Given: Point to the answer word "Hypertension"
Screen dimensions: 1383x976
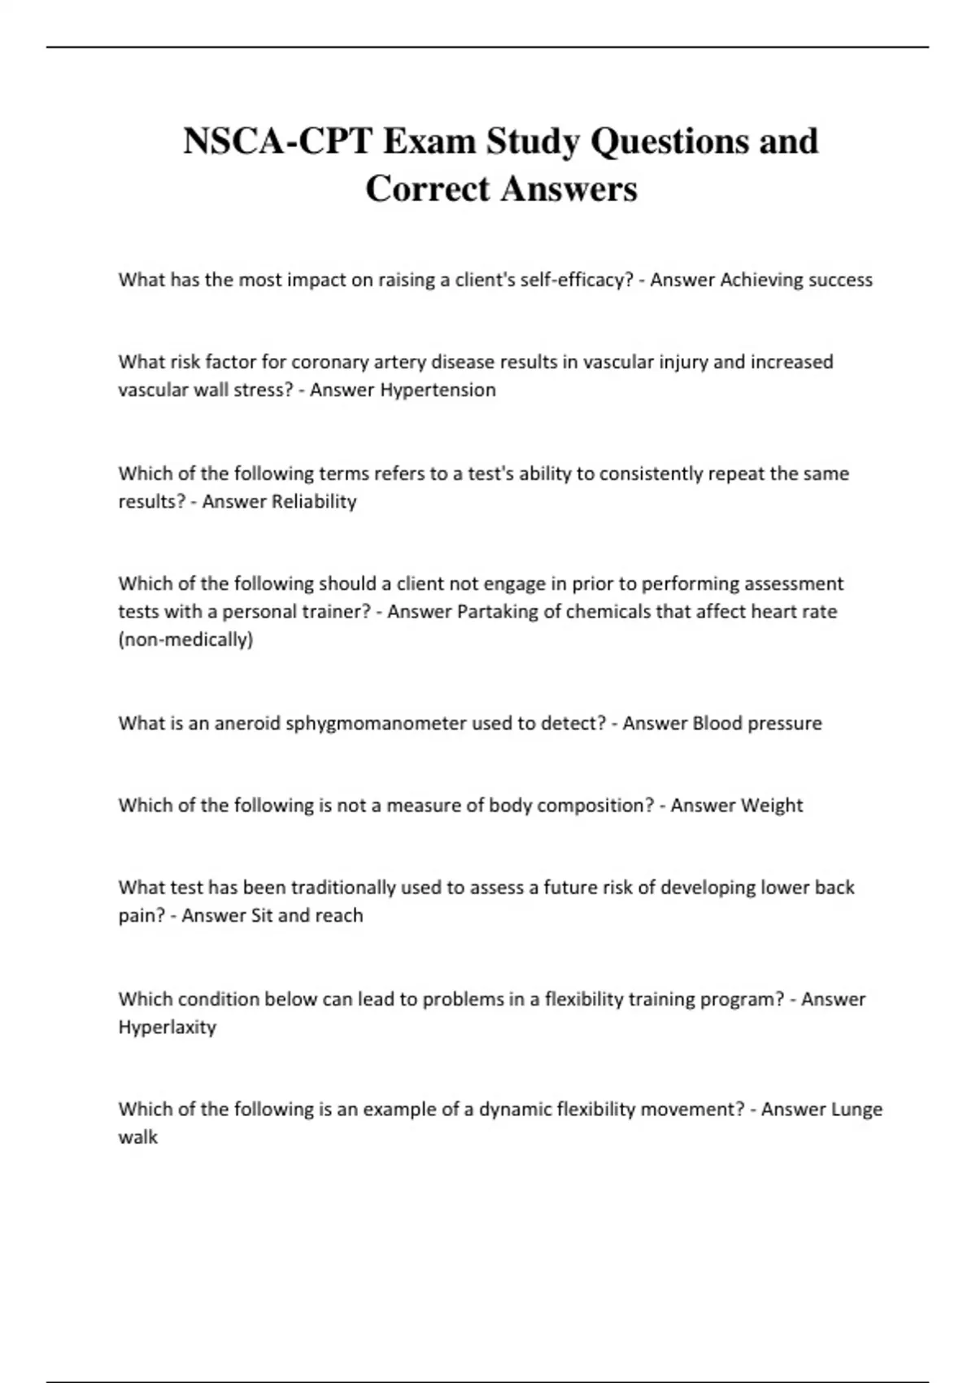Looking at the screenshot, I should (x=438, y=390).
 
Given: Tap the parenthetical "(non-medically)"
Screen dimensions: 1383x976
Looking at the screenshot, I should (x=185, y=639).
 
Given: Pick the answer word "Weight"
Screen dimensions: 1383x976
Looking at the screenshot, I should (x=769, y=805).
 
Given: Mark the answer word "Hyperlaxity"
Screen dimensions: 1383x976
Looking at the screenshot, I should (x=167, y=1027).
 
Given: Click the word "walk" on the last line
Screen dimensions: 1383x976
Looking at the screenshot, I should (x=137, y=1137).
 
